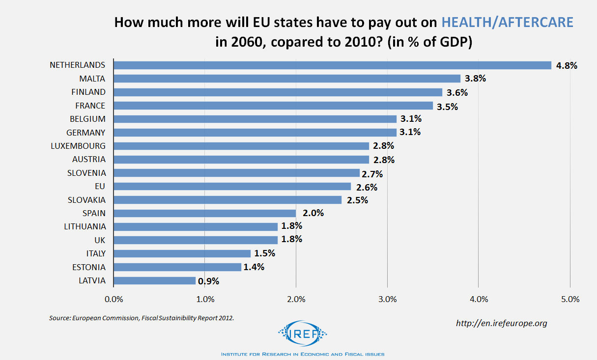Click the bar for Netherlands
point(332,65)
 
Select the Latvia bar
point(154,281)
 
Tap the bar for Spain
point(204,213)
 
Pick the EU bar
point(232,186)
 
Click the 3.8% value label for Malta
point(476,79)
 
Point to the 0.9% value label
point(208,281)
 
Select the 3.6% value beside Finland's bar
point(457,92)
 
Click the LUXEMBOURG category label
point(78,146)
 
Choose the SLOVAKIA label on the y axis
point(86,200)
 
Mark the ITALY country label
point(95,253)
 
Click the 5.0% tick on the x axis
point(570,299)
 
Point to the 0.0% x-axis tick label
point(114,299)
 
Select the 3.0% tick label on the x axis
point(387,299)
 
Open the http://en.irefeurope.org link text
point(501,323)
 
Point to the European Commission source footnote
point(142,318)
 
